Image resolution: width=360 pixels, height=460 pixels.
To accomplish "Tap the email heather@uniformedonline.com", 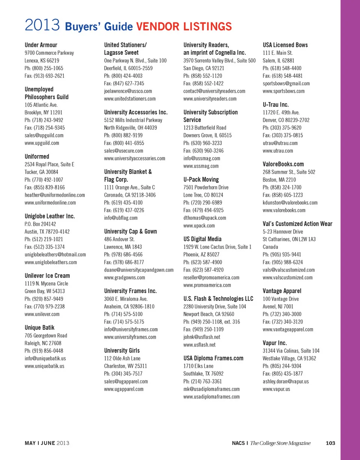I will point(55,195).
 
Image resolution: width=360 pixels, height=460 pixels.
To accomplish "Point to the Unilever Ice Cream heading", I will point(47,276).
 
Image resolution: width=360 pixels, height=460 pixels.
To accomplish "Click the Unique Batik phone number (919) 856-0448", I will point(43,351).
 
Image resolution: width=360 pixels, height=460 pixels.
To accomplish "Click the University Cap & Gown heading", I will point(130,231).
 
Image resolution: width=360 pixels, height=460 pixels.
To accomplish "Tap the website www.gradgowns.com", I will point(124,278).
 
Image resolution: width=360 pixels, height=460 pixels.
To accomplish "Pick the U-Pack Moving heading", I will point(201,179).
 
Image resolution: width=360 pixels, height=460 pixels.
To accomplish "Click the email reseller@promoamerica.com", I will point(211,278).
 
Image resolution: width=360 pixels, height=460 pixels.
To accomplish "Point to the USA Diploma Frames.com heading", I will point(213,358).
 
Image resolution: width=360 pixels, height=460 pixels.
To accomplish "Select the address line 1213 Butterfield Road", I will point(205,128).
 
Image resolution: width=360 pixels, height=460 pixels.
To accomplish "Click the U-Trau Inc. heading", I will point(276,105).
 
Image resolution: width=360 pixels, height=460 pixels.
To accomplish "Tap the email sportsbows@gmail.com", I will point(286,84).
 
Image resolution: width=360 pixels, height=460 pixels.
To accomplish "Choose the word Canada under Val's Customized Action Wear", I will point(270,247).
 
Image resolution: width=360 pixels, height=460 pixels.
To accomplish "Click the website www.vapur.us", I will point(276,389).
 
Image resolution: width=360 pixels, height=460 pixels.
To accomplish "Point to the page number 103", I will point(330,443).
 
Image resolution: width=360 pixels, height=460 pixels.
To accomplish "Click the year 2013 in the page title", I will point(43,26).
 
